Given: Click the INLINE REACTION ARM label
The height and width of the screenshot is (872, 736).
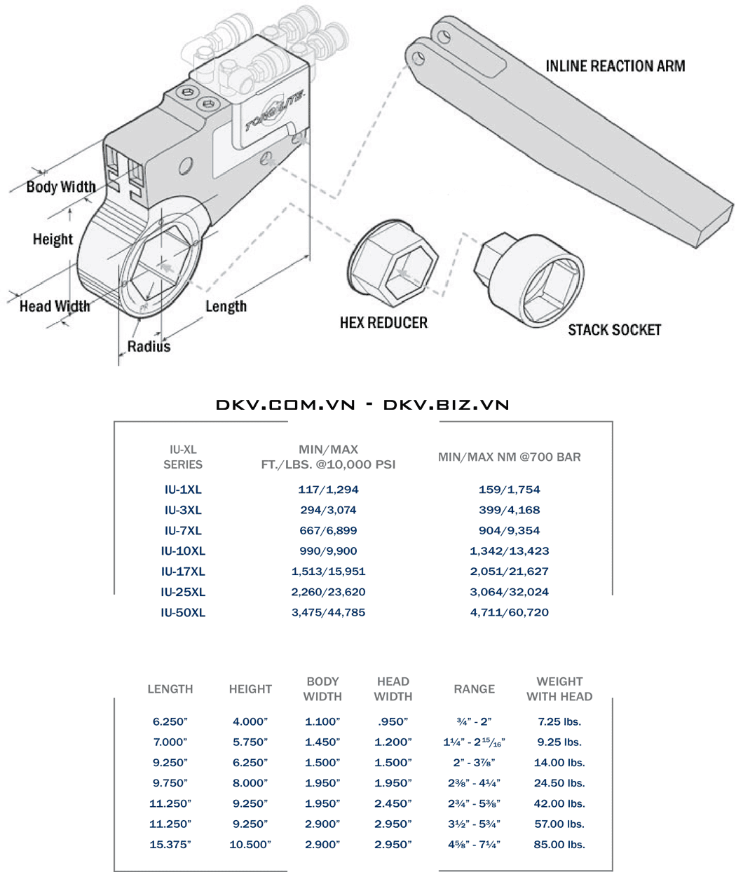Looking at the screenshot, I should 615,67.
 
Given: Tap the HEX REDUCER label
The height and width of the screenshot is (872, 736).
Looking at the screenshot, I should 383,323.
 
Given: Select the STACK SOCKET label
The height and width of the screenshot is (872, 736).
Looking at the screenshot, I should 614,330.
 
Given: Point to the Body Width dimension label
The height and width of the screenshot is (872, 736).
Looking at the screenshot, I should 61,187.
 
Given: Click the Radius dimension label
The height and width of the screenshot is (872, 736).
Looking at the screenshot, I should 149,346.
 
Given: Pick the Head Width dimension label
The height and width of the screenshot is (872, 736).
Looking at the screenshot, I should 55,306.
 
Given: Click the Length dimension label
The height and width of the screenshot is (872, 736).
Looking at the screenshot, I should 226,306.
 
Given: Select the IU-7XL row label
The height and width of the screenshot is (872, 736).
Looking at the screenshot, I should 183,531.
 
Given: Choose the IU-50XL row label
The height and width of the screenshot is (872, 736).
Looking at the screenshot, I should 183,613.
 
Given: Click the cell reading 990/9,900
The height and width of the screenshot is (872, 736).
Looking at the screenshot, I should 328,551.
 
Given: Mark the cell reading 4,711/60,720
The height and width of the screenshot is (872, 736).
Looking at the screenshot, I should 509,613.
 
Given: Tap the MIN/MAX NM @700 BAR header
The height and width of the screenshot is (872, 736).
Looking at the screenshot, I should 509,457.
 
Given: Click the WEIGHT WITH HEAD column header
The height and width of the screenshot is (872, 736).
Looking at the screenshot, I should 559,689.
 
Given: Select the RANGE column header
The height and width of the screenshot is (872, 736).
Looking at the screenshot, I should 474,689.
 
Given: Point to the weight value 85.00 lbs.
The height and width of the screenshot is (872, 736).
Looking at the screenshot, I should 559,845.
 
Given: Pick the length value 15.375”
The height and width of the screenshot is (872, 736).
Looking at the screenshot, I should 170,845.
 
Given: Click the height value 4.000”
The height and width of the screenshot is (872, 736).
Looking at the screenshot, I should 250,722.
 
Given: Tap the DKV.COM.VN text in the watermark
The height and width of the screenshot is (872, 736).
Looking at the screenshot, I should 285,405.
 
